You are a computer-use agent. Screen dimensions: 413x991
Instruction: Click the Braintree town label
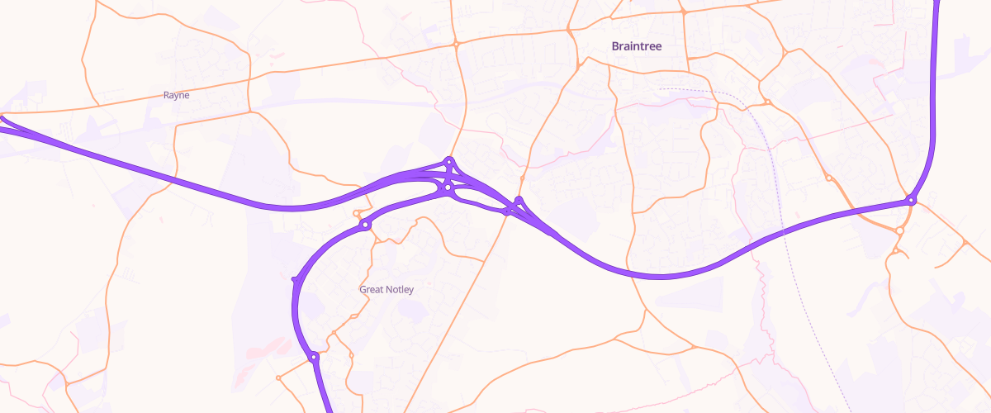[x=637, y=46]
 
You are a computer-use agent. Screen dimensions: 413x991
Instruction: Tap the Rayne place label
[x=176, y=95]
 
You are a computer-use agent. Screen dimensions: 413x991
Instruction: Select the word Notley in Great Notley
[x=400, y=290]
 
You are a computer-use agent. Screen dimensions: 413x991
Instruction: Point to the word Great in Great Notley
[x=372, y=290]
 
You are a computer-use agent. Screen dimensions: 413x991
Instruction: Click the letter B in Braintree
[x=615, y=46]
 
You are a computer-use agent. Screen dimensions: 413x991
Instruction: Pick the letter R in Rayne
[x=167, y=95]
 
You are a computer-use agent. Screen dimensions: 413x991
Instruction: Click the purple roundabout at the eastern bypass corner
[x=910, y=200]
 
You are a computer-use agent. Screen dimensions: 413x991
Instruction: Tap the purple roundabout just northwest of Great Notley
[x=365, y=225]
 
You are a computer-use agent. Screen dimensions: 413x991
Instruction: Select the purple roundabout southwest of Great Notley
[x=314, y=358]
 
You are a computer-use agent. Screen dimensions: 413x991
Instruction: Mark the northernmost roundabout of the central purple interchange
[x=449, y=161]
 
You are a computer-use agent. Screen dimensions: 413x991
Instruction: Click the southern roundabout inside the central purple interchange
[x=447, y=188]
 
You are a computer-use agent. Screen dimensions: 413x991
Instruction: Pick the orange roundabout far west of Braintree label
[x=455, y=44]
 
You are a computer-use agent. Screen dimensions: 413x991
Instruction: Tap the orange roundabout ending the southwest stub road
[x=278, y=378]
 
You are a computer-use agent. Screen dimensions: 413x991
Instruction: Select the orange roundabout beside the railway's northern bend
[x=767, y=102]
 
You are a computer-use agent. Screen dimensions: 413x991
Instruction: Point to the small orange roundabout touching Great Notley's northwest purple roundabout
[x=358, y=214]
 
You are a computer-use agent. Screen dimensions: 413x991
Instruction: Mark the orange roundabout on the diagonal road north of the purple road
[x=522, y=178]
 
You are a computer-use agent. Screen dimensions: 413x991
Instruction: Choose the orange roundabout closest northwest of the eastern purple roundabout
[x=827, y=178]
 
